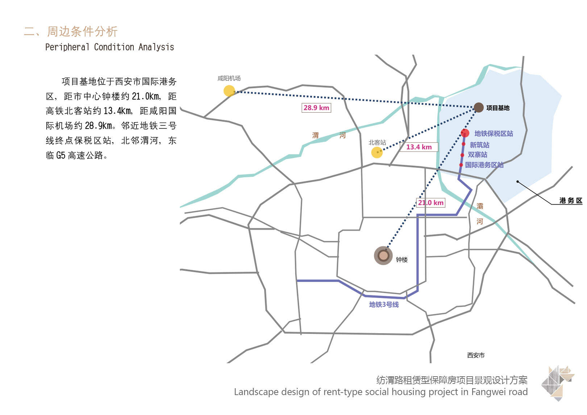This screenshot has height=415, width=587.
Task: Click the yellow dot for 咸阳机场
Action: [229, 91]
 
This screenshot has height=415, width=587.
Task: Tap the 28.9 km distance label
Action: [316, 108]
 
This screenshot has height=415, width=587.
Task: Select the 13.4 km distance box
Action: [419, 147]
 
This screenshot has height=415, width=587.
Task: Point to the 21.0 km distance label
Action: [430, 202]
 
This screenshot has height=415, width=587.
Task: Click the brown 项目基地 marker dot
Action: [479, 107]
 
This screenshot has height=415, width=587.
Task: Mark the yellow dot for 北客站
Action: [377, 152]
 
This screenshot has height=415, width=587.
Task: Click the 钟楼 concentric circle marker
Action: [383, 256]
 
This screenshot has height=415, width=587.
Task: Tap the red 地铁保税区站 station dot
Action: [465, 133]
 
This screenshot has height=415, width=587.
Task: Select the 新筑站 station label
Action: [479, 145]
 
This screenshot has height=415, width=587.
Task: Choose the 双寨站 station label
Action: [478, 155]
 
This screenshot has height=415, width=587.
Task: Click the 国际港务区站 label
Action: [484, 165]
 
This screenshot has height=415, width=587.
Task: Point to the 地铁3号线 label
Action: [384, 305]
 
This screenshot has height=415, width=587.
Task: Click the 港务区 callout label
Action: [570, 201]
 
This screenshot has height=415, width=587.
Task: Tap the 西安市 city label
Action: [476, 355]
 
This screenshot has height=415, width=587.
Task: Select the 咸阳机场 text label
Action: [229, 78]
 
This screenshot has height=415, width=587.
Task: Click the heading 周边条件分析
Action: [82, 32]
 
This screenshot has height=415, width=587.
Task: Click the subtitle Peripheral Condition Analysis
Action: [109, 47]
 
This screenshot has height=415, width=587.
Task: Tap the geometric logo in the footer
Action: [558, 383]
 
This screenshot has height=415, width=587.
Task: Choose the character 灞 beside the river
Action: [479, 206]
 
